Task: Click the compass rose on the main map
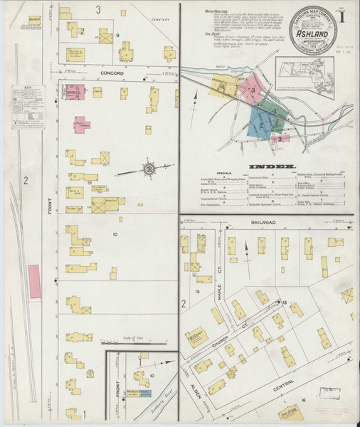(149, 169)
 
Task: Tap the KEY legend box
(28, 107)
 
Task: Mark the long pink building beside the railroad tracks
(33, 280)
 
